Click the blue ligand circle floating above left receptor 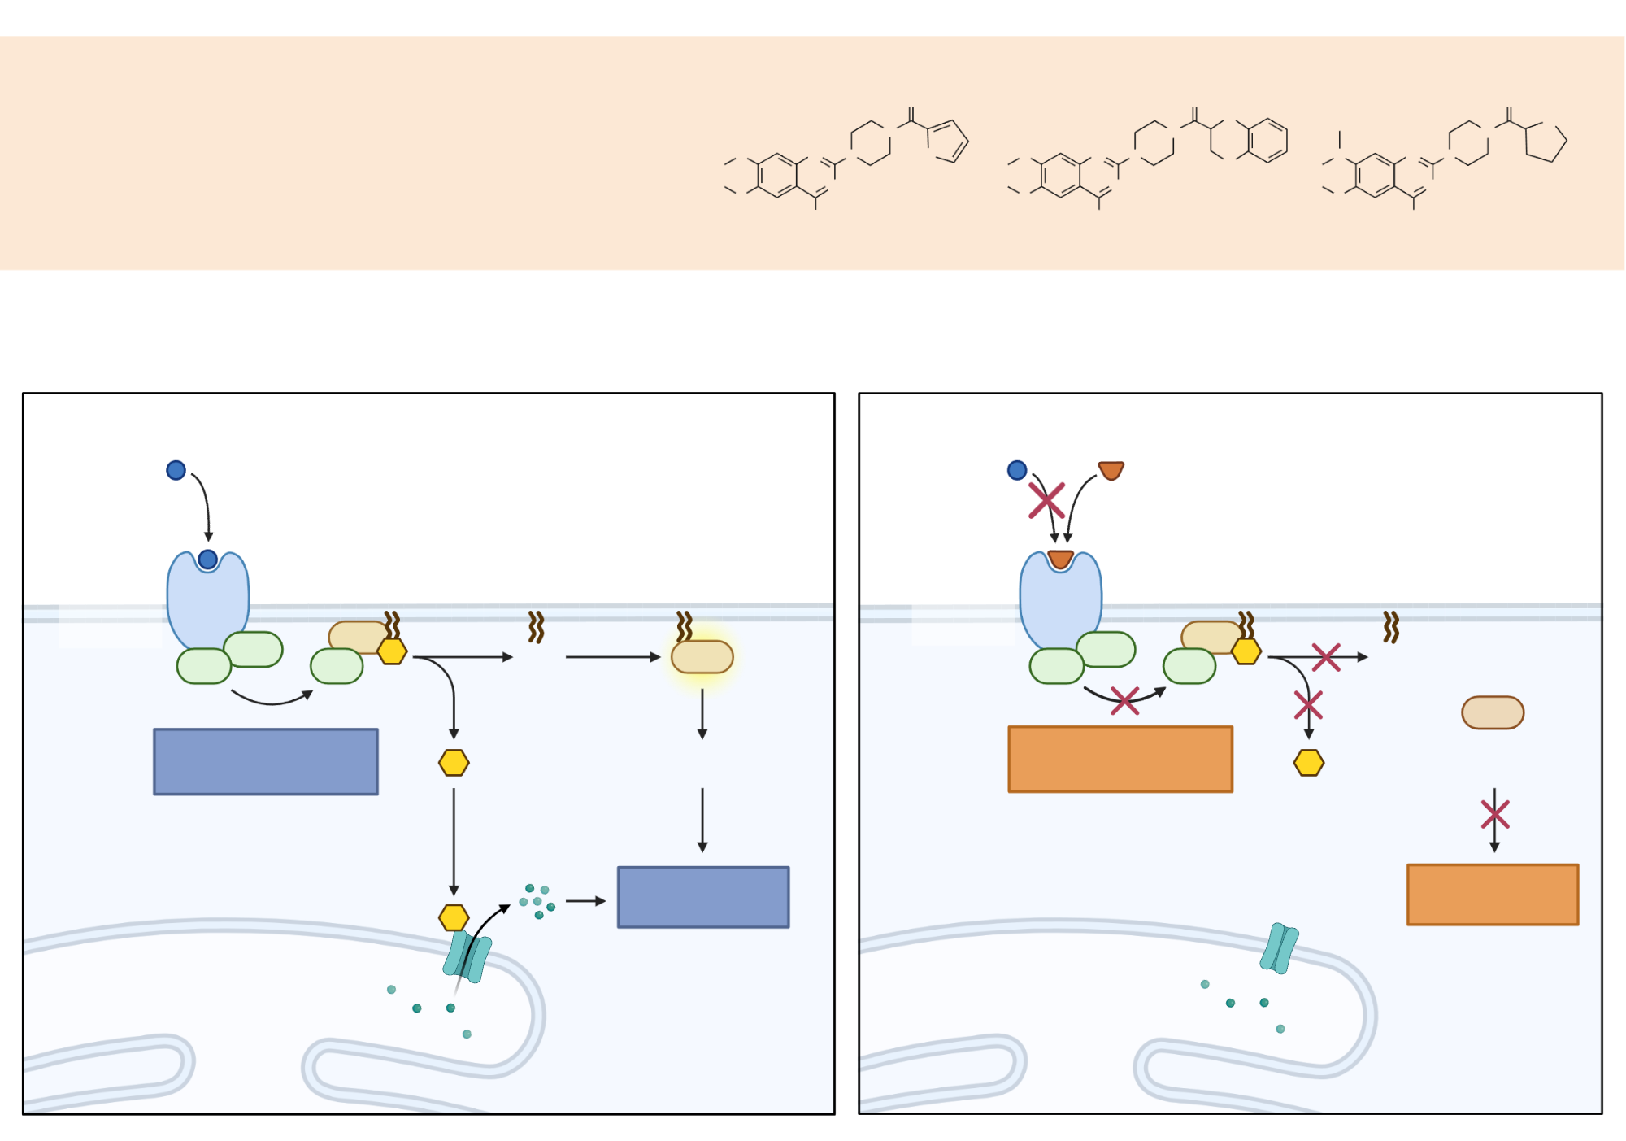tap(176, 470)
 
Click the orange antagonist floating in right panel tap(1111, 470)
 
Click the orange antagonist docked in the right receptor tap(1060, 560)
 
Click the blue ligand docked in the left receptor tap(207, 560)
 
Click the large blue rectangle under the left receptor tap(266, 761)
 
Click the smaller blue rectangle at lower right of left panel tap(703, 897)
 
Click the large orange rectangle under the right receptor tap(1120, 759)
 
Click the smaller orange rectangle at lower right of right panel tap(1493, 895)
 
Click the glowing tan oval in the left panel tap(702, 657)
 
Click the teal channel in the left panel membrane tap(467, 956)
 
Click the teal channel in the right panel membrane tap(1280, 948)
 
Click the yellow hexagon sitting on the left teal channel tap(454, 917)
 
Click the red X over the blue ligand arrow tap(1046, 500)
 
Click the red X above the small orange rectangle tap(1495, 814)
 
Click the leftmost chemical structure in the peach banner tap(846, 159)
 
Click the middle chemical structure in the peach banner tap(1146, 159)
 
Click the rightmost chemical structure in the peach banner tap(1443, 159)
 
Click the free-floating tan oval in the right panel tap(1493, 712)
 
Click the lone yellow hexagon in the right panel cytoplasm tap(1309, 763)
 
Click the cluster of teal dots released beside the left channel tap(537, 901)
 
